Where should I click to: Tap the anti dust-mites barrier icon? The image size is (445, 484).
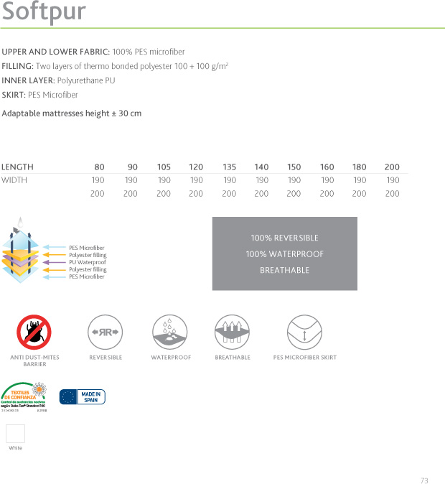pos(34,332)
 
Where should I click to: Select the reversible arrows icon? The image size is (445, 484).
pos(105,332)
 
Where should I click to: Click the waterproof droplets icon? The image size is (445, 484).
pos(171,332)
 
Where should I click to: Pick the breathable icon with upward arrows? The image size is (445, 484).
pos(233,332)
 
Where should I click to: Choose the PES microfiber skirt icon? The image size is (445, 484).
pos(304,332)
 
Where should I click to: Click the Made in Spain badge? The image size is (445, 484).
pos(82,396)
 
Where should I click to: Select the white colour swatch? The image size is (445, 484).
pos(15,433)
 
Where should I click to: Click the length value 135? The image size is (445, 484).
pos(229,167)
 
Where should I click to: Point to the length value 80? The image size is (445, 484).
pos(99,167)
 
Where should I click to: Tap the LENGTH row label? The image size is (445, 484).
pos(17,167)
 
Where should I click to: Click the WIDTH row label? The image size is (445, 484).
pos(14,180)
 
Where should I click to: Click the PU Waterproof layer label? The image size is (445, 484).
pos(87,262)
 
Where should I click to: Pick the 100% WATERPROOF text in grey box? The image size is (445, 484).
pos(284,254)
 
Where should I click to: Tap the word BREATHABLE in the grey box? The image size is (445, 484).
pos(284,270)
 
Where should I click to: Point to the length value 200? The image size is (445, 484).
pos(392,167)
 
